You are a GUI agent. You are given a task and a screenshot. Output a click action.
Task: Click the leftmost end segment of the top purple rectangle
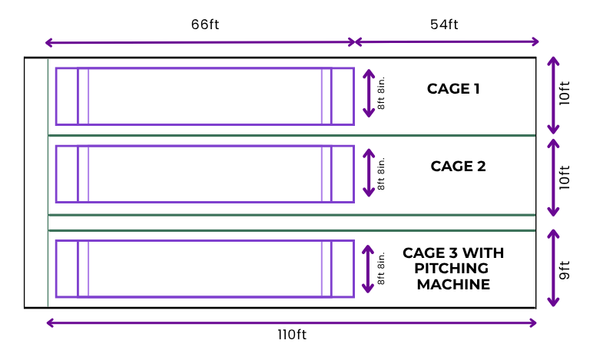(66, 96)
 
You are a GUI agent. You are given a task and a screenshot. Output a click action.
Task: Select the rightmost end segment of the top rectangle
(343, 96)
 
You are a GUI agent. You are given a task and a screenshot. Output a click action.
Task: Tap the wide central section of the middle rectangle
(204, 173)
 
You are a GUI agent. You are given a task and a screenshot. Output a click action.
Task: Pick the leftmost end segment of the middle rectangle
(66, 173)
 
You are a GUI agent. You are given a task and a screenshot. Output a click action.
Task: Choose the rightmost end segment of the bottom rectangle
(343, 269)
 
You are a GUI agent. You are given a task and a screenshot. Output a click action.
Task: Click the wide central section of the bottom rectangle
(204, 269)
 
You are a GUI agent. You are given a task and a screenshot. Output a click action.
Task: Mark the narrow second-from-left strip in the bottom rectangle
(83, 269)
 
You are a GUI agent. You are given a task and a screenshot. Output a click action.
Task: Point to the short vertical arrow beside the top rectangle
(369, 94)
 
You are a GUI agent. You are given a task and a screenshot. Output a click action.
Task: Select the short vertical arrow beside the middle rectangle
(369, 173)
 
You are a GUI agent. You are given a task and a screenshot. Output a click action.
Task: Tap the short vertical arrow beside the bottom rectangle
(368, 269)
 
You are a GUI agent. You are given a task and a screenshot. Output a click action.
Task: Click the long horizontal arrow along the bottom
(292, 323)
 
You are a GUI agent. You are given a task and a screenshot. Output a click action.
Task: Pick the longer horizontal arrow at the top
(200, 42)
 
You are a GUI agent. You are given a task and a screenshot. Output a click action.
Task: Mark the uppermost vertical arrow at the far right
(553, 95)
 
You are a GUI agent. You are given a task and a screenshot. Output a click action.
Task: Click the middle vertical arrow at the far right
(553, 177)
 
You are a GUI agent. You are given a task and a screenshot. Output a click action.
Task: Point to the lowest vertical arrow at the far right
(553, 268)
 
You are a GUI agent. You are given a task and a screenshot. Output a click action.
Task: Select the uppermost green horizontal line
(292, 135)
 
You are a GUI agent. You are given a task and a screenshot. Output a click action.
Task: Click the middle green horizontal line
(292, 215)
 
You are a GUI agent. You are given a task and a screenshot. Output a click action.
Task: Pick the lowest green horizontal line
(292, 230)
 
